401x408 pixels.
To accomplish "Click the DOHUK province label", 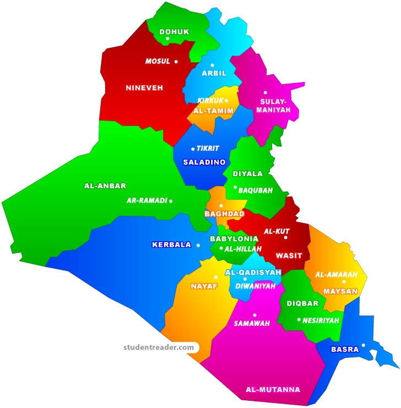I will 174,32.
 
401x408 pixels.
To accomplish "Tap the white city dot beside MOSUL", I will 176,62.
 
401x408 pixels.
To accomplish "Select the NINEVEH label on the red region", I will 144,88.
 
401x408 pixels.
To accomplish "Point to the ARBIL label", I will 214,73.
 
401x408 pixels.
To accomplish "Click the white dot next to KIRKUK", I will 226,101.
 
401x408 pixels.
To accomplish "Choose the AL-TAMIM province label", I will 213,111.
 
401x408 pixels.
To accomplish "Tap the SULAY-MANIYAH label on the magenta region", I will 273,106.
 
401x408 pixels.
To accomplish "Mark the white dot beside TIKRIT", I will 193,149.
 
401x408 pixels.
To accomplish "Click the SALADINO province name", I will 204,162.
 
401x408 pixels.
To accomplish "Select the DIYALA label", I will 248,174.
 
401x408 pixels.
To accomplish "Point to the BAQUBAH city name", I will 256,191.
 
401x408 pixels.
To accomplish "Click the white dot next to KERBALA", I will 198,245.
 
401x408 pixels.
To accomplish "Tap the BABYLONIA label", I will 234,239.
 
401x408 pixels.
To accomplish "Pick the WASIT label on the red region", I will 289,255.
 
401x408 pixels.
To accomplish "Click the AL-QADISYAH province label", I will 253,273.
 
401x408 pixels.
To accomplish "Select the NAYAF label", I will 204,286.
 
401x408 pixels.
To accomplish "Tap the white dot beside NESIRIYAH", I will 299,320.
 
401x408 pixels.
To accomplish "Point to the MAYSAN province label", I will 340,291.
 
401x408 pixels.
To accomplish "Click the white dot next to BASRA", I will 363,345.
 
